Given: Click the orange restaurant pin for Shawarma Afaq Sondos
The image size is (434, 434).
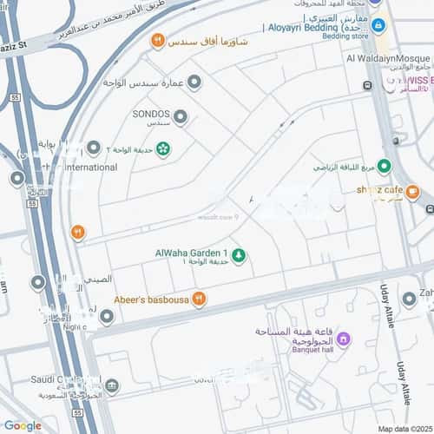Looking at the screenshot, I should point(157,40).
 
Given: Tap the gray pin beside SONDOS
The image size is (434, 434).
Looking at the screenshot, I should point(181,116).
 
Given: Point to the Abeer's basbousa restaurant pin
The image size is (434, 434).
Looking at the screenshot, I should point(199,299).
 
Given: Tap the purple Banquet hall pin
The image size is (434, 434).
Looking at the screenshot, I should point(343,338).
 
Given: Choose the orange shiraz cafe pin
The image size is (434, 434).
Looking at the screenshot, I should point(412,192).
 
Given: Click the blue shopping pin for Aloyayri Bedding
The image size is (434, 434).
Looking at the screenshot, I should point(378,27).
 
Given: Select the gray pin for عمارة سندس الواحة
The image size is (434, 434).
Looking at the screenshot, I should point(194,82).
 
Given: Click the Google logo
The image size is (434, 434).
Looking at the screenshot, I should point(22,425).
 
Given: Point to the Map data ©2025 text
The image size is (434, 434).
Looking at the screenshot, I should point(404,428).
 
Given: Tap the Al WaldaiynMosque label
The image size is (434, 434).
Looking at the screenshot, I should point(389,58).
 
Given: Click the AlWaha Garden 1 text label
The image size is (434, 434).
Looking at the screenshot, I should point(191,252).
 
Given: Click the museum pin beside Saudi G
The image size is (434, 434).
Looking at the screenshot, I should point(112,385).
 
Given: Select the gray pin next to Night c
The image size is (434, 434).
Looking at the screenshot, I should point(106,318).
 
